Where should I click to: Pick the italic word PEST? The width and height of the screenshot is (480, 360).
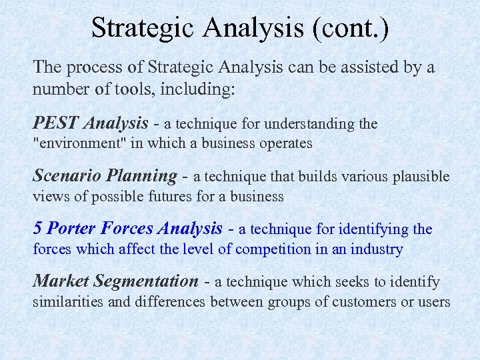pyautogui.click(x=56, y=123)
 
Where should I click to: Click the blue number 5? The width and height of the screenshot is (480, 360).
pyautogui.click(x=38, y=229)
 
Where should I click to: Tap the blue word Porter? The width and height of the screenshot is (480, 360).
pyautogui.click(x=71, y=229)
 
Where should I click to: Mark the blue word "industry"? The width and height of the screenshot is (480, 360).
pyautogui.click(x=378, y=249)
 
